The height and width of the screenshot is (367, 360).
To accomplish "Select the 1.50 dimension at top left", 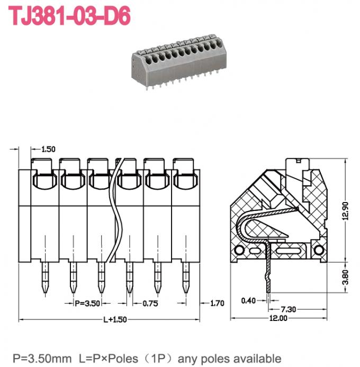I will coord(48,150).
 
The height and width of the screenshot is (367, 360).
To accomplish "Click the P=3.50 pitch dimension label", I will coord(86,304).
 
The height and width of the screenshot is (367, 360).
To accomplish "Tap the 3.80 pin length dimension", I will coord(346,276).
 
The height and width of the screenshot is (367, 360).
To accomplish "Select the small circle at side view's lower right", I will coord(318,250).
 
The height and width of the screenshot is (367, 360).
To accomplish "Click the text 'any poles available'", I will coord(229,358).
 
